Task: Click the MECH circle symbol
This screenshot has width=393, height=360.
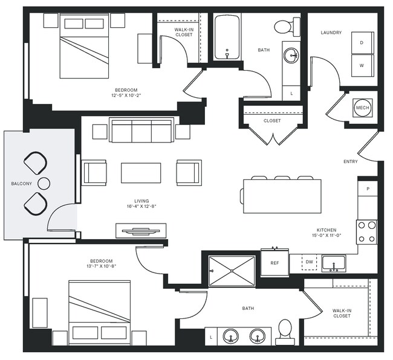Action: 363,108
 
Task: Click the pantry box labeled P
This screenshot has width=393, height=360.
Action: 367,188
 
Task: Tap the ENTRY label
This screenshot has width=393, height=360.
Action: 350,161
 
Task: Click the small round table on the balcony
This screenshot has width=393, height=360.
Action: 44,183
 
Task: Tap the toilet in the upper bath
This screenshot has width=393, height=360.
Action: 287,26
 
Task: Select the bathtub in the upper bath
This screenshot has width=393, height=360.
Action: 227,36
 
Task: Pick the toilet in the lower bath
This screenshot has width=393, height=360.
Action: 285,331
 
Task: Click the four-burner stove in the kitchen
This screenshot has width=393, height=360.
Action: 367,231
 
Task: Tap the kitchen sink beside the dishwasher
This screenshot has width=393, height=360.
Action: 333,263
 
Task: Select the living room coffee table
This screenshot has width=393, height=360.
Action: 141,173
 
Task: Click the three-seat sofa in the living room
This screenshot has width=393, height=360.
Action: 141,130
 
